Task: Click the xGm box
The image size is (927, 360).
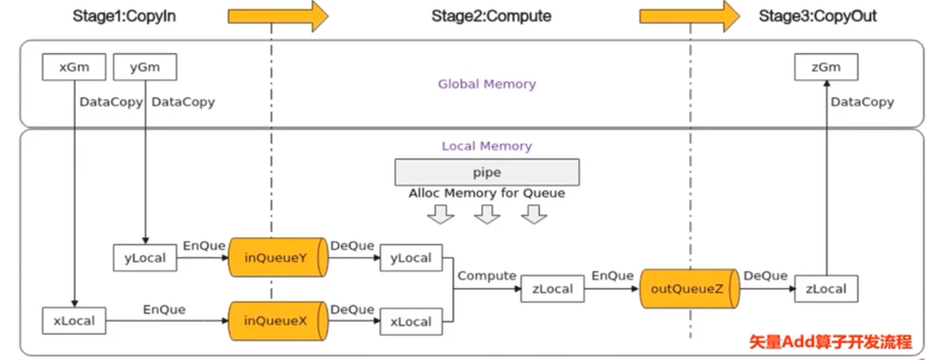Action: pos(74,67)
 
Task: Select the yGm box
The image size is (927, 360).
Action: pos(145,67)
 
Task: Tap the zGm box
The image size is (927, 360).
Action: pos(826,67)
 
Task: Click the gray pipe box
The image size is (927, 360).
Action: pos(486,172)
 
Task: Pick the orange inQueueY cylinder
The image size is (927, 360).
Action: pos(277,256)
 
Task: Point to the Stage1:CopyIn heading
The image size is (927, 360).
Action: pos(124,16)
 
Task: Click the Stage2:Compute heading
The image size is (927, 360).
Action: pos(491,16)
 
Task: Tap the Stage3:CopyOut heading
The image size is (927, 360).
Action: pos(818,16)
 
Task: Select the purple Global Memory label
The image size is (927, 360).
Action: pos(487,84)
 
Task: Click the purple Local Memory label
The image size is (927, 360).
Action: pos(486,146)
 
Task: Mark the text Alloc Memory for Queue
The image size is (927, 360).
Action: pos(486,193)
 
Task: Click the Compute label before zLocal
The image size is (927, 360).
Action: pos(486,276)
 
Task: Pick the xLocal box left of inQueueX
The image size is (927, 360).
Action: pos(74,321)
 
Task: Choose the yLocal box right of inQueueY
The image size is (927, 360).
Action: pos(411,258)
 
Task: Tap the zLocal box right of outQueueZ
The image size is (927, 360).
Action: pos(826,289)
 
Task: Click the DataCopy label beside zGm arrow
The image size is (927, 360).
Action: pos(862,102)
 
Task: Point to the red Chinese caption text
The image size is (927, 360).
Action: pos(831,342)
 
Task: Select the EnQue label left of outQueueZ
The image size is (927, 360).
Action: pos(612,276)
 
